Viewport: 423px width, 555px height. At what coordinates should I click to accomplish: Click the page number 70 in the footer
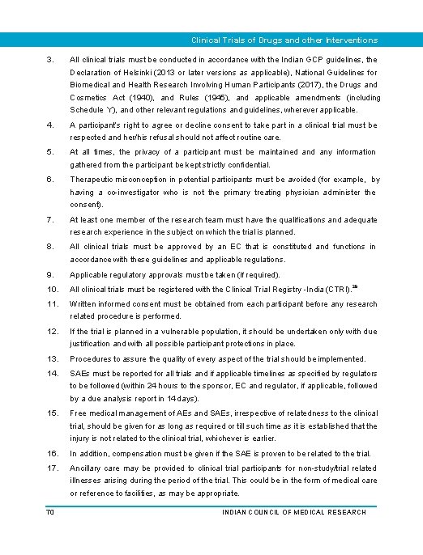51,511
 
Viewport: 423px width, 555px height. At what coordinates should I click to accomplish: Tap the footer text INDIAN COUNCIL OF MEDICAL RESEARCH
293,511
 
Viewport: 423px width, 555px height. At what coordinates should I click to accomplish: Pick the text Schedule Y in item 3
91,109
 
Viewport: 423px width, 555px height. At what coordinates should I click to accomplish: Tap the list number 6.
50,180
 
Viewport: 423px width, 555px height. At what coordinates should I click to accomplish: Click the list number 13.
52,359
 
